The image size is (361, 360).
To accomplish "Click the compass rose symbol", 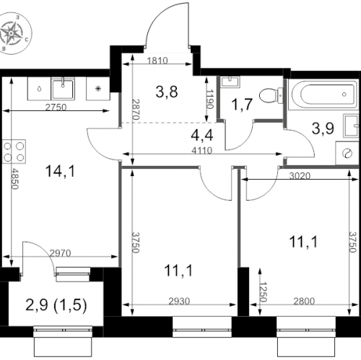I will pos(15,34).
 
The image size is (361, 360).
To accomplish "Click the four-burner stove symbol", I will pos(12,151).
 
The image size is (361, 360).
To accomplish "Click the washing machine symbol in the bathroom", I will pos(349,153).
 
